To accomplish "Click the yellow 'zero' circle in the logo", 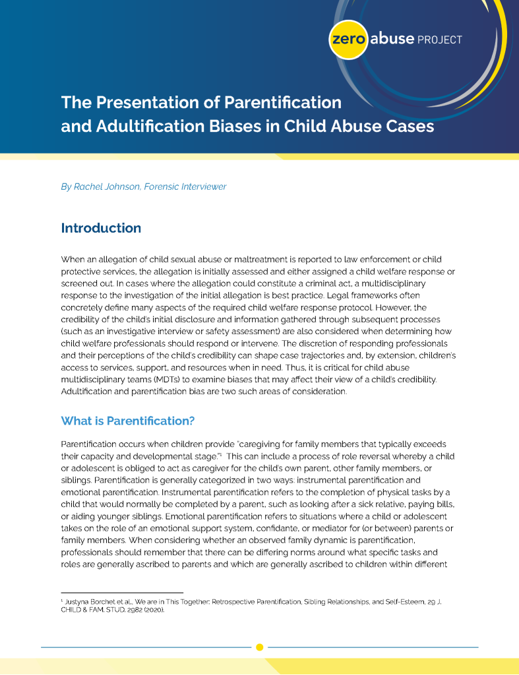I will [348, 39].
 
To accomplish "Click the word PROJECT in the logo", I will [440, 40].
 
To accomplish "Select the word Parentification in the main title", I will [282, 102].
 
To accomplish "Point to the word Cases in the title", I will [408, 125].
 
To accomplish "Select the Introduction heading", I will [101, 228].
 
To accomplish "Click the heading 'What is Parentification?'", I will [128, 421].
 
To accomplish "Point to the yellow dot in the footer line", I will [260, 647].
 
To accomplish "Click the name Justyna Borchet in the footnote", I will [86, 602].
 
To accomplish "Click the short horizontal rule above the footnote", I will [122, 593].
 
